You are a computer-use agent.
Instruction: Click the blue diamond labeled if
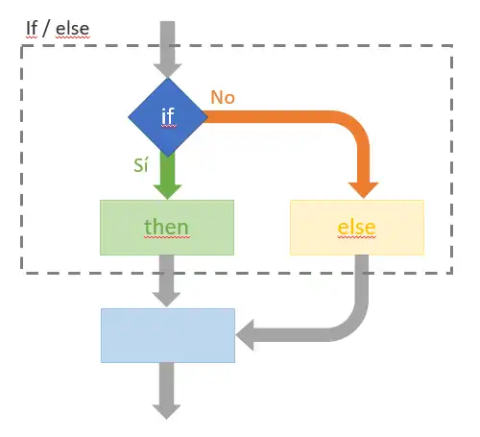(x=168, y=117)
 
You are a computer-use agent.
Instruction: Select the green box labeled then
(x=167, y=228)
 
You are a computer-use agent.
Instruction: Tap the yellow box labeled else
(x=357, y=228)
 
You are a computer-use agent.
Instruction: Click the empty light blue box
(x=168, y=335)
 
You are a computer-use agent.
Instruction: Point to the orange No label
(x=223, y=97)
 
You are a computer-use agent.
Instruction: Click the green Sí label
(x=141, y=165)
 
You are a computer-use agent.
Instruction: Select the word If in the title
(x=32, y=29)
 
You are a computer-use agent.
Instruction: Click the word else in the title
(x=72, y=29)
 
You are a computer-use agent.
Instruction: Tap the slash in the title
(x=46, y=29)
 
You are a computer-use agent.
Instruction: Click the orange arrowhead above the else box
(x=363, y=189)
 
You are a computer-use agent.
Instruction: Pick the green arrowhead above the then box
(x=167, y=191)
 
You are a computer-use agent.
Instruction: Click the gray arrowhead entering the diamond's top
(x=167, y=70)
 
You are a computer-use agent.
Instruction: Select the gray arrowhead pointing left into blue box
(x=245, y=335)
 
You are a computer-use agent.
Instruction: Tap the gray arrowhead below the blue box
(x=166, y=412)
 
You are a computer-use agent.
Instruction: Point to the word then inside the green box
(x=166, y=227)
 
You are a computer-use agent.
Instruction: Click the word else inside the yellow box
(x=357, y=228)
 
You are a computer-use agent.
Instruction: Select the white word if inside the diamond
(x=168, y=116)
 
